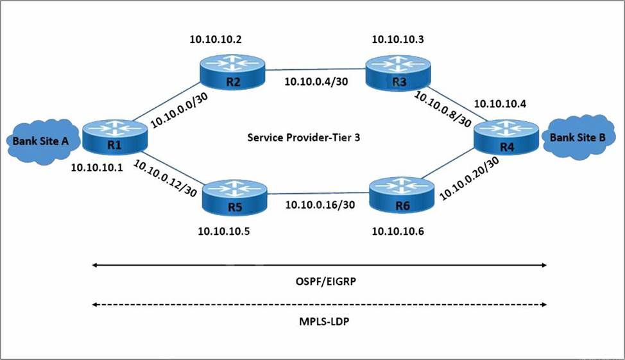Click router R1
coord(115,137)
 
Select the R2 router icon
coord(233,72)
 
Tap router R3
coord(398,72)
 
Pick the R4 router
coord(506,137)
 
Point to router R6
coord(402,196)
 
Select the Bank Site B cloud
coord(578,137)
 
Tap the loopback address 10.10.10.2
coord(215,40)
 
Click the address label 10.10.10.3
coord(398,39)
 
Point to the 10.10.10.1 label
coord(97,168)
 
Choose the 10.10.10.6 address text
coord(398,231)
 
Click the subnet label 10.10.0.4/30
coord(316,81)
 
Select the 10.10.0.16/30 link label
coord(320,205)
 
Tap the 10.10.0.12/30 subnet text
coord(165,178)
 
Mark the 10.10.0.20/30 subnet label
coord(469,178)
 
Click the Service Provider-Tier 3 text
coord(304,137)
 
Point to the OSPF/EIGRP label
coord(325,282)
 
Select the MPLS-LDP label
coord(324,321)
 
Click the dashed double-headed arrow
coord(320,305)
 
